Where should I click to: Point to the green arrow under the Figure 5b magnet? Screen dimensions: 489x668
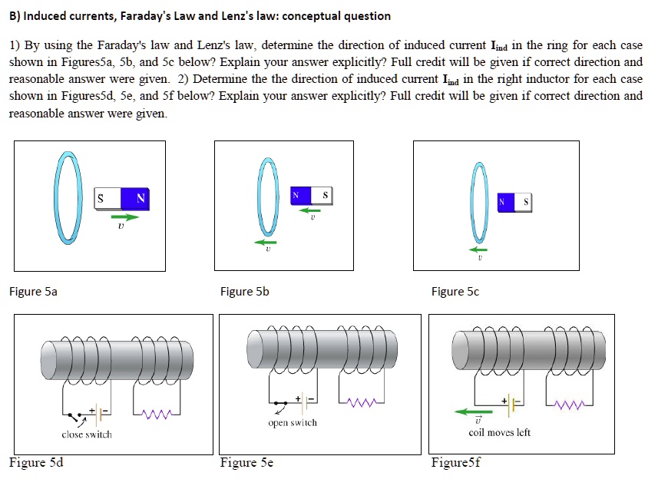(310, 210)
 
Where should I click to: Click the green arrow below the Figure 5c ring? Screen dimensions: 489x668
(479, 249)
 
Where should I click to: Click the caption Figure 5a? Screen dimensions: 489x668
(33, 292)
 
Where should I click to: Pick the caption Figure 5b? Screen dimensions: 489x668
(244, 292)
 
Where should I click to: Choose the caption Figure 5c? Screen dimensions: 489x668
(455, 292)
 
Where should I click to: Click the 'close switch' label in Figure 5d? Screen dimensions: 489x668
(86, 434)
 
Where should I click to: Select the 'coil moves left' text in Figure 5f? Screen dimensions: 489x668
(499, 432)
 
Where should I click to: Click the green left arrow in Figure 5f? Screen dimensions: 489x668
(474, 411)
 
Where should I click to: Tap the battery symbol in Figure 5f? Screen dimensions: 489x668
(513, 401)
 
